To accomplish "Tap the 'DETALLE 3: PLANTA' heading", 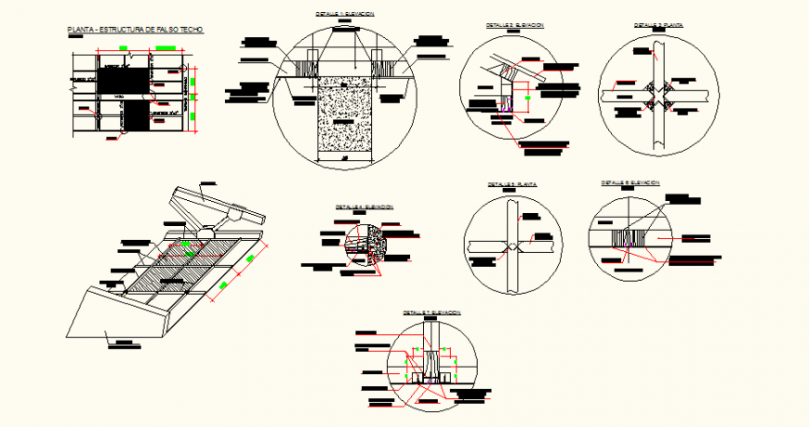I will [658, 25].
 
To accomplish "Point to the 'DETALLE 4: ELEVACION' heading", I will [365, 207].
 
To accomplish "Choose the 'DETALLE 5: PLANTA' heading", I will [512, 184].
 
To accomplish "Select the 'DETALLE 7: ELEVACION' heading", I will [432, 313].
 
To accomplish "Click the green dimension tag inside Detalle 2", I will [526, 93].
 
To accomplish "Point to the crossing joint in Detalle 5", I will [512, 247].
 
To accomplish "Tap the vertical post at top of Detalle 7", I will [431, 335].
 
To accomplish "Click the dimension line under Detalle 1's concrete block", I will [345, 159].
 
